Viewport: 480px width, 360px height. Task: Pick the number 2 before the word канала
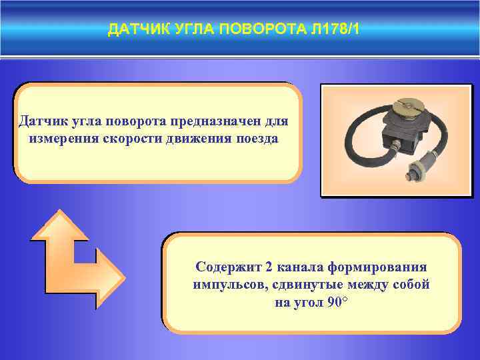[269, 267]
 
